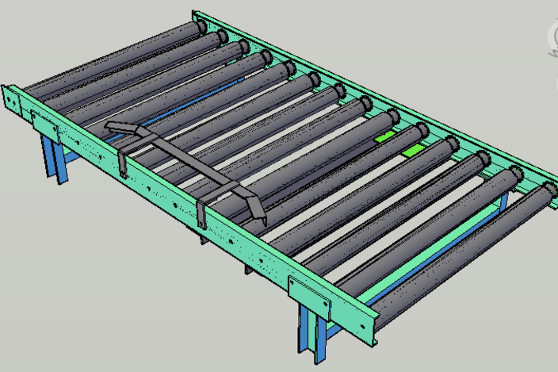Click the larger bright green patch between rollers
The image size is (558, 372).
(x=412, y=150)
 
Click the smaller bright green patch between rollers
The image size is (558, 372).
(x=385, y=136)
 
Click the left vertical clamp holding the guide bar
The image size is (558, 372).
(x=123, y=163)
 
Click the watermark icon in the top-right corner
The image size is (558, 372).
(x=550, y=34)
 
